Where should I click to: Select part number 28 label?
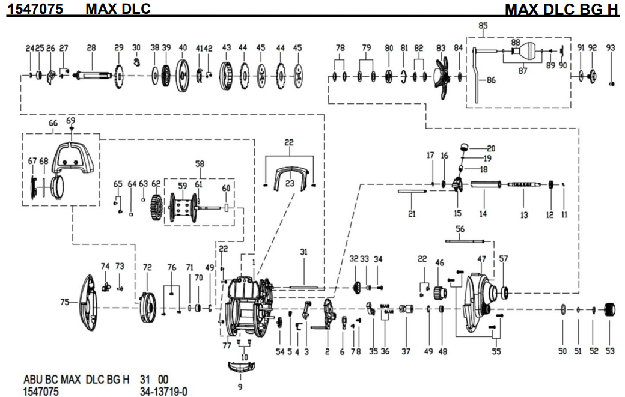click(x=91, y=48)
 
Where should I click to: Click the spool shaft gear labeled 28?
click(x=91, y=76)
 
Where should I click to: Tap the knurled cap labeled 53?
click(x=610, y=310)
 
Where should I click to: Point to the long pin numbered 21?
click(x=412, y=192)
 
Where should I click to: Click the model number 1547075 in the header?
click(x=35, y=8)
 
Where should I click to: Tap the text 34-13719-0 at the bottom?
click(x=163, y=392)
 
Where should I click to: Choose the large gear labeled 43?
click(x=227, y=76)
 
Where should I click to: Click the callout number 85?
click(x=483, y=25)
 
